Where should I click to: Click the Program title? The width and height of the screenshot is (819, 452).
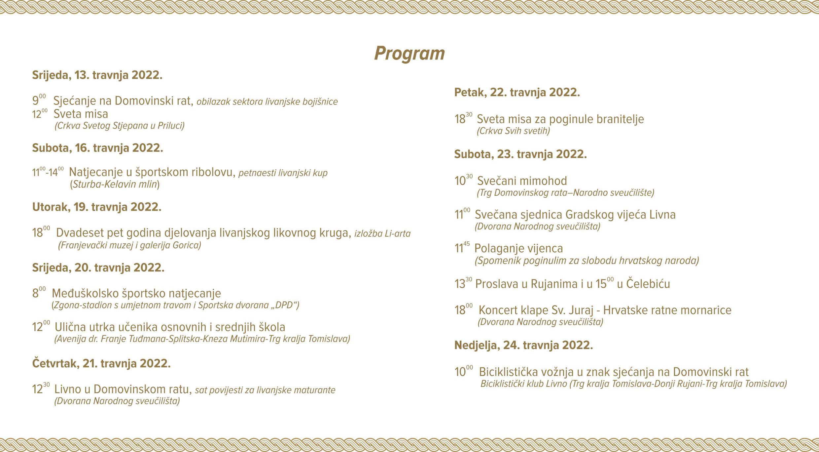point(409,53)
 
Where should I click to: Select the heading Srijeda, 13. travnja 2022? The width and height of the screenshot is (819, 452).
point(97,75)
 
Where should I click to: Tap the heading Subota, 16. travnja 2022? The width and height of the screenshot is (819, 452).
point(97,148)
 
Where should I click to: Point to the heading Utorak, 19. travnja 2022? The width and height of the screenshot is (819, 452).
point(97,207)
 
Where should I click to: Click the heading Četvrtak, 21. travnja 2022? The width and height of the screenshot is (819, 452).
point(101,364)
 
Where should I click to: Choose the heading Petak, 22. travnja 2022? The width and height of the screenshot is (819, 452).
point(517,93)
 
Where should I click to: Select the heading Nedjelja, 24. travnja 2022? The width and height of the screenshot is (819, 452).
point(523,346)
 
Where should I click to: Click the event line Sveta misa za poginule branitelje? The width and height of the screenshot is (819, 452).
point(560,119)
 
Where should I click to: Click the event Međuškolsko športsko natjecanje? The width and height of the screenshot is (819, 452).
point(136,293)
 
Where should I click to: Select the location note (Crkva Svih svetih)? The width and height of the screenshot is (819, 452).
point(513,131)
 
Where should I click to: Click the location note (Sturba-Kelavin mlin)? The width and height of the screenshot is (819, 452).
point(115,184)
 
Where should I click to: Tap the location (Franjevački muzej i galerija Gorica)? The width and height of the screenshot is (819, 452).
point(129,245)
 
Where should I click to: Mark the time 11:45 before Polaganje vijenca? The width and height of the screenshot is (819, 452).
point(462,248)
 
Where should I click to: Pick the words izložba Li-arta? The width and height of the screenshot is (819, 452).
point(382,234)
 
